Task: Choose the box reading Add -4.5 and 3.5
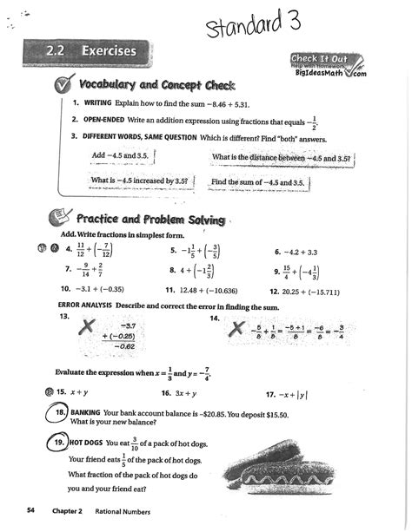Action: point(123,156)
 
